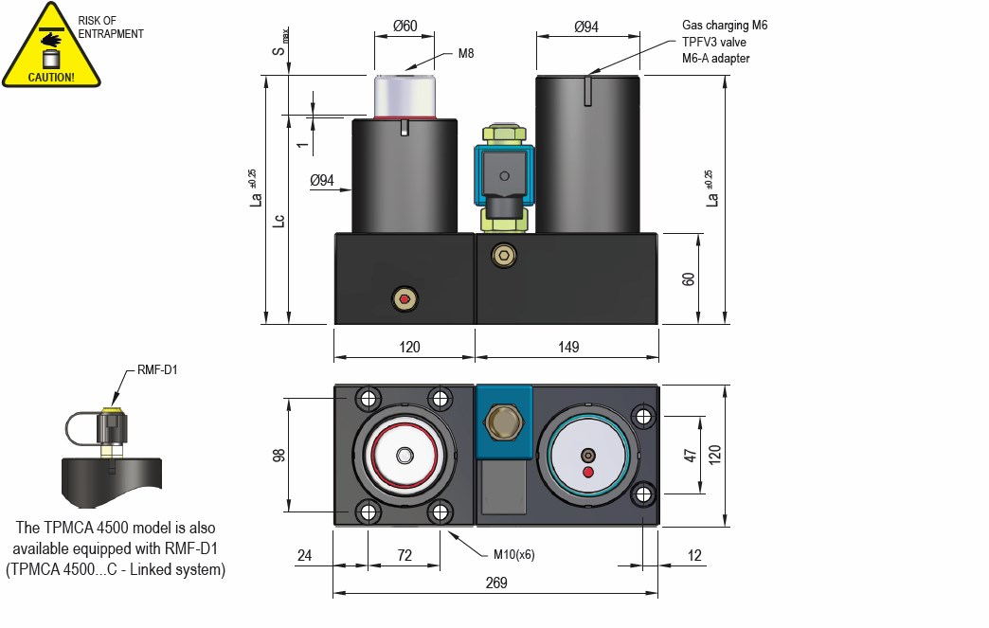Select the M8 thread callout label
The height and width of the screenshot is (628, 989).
pos(466,54)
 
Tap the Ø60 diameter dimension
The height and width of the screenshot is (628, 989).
pos(405,26)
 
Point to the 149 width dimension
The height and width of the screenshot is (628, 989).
pos(567,348)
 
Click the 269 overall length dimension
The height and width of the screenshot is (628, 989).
pos(495,583)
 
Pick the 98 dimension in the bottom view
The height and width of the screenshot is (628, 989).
pos(279,456)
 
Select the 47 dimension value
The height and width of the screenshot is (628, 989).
pos(691,456)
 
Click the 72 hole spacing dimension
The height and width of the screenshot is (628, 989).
pos(404,555)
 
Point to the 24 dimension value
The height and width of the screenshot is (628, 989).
pos(304,555)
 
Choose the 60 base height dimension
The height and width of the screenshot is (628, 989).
pos(689,278)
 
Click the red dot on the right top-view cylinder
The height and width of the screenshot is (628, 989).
pos(588,472)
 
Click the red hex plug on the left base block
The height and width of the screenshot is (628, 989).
pos(405,300)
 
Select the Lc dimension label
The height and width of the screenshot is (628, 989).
pos(279,221)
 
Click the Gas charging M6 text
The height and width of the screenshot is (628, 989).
pos(725,26)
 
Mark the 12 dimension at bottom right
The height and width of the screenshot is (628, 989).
pos(695,555)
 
